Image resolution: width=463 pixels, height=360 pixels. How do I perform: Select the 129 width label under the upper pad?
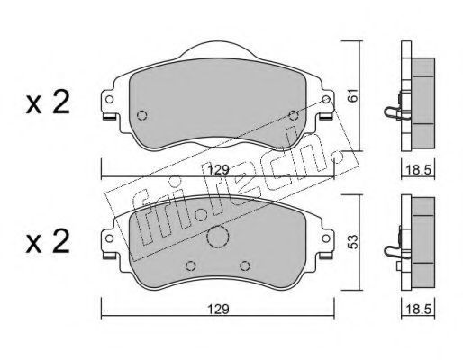pyautogui.click(x=219, y=170)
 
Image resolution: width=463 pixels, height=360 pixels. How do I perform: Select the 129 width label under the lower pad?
pyautogui.click(x=219, y=309)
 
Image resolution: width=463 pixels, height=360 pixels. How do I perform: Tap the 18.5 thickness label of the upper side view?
pyautogui.click(x=418, y=170)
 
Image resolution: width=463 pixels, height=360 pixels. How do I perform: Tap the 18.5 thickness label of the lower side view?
pyautogui.click(x=418, y=309)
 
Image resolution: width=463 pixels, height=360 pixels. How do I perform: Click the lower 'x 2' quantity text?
pyautogui.click(x=48, y=241)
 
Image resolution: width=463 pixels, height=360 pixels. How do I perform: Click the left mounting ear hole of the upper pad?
pyautogui.click(x=110, y=99)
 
